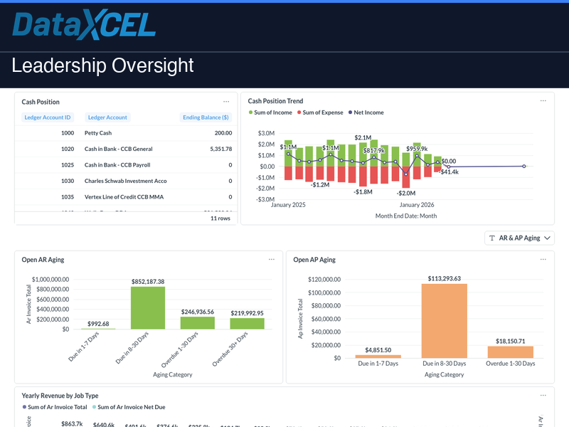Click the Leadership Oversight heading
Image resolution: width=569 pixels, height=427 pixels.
coord(102,66)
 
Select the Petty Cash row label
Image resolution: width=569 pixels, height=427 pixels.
coord(98,133)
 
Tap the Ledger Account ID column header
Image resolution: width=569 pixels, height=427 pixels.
coord(48,117)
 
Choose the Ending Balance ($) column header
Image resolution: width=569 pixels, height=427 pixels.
coord(205,117)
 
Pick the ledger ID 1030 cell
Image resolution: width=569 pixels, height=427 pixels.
coord(68,181)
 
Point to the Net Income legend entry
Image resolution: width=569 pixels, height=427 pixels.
coord(366,112)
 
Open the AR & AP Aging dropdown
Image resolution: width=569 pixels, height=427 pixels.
coord(519,238)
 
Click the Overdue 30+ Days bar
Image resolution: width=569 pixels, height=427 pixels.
coord(247,323)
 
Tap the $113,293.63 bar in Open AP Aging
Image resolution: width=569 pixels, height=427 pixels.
coord(444,320)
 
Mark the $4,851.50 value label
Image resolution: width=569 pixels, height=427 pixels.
coord(378,349)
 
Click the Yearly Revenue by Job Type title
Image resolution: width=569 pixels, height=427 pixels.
coord(60,395)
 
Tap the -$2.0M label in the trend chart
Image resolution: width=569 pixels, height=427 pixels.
coord(406,193)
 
